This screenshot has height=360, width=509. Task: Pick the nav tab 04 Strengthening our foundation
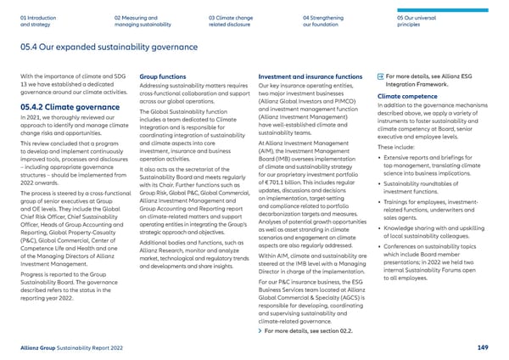[x=325, y=20]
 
